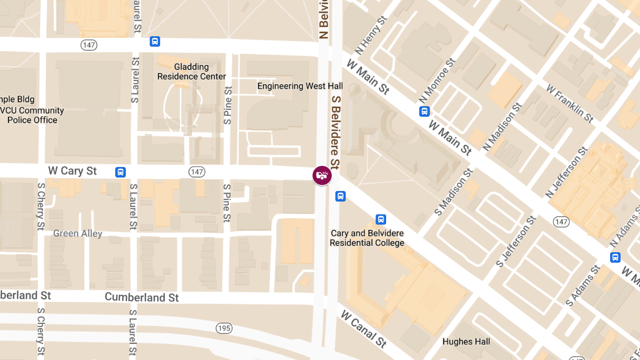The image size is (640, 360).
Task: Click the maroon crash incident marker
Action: (322, 175)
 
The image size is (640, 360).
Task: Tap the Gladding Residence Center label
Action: (191, 71)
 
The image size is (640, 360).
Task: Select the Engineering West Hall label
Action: (300, 86)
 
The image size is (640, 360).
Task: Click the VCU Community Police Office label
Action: (32, 115)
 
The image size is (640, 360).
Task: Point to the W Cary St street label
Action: (73, 171)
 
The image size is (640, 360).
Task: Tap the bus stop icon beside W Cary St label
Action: (121, 172)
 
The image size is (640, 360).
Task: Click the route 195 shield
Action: (224, 328)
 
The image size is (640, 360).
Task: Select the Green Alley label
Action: (78, 234)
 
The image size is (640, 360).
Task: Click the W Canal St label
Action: (364, 329)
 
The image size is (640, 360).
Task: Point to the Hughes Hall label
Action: (466, 341)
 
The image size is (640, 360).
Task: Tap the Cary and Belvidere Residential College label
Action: (367, 238)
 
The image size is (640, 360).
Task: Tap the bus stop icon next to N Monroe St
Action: (425, 111)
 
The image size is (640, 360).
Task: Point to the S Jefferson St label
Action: (516, 242)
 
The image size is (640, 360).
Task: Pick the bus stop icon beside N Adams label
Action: (615, 258)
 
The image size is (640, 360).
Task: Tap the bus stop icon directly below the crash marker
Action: (340, 196)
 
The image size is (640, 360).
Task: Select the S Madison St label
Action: (453, 192)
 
